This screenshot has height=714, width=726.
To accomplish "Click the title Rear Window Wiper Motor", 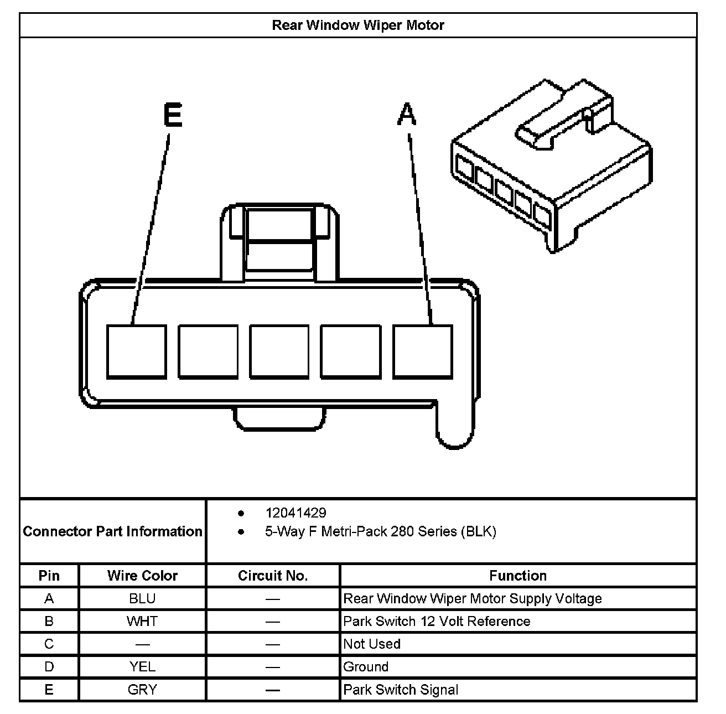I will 357,25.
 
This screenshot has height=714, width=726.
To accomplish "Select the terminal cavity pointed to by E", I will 136,351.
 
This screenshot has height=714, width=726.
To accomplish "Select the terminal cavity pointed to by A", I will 423,351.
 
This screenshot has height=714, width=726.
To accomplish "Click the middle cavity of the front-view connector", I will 279,351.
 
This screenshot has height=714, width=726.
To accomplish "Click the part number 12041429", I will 295,513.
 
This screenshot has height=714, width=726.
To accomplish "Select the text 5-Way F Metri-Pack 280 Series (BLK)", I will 380,532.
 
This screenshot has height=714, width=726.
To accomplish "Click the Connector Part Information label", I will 112,531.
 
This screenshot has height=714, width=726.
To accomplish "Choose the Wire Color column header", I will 142,576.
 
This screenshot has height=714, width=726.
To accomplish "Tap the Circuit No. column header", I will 272,576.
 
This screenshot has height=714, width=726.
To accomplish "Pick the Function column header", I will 517,576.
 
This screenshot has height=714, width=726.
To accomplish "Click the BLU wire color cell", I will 142,598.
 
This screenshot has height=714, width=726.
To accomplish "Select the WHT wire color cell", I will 142,621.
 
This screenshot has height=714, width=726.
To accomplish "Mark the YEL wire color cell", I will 142,666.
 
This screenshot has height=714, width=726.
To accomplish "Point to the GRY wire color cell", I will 142,690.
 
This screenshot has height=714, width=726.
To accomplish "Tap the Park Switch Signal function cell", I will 401,690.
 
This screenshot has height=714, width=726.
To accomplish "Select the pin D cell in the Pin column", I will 49,666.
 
